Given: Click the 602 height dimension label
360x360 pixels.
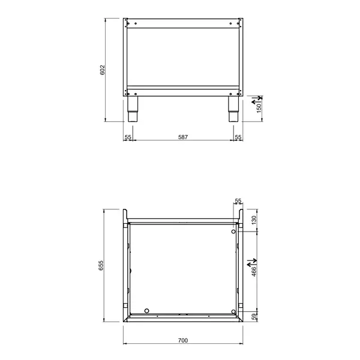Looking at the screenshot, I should point(103,70).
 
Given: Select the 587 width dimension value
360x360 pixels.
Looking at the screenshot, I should point(183,137).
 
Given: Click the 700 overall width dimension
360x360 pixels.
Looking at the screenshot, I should point(183,340).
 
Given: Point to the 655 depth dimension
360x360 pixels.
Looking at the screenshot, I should point(103,265).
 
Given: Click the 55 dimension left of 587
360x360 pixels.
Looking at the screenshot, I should point(128,137).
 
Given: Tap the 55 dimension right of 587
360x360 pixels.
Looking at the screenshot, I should point(238,137).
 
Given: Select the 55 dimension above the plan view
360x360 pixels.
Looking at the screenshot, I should point(238,200).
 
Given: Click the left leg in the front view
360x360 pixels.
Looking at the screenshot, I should point(132,109).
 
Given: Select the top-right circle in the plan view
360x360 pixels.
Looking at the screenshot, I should point(233,232).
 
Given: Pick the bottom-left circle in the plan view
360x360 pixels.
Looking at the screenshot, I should point(146,311).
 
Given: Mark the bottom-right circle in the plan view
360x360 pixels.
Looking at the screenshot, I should point(233,311).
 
